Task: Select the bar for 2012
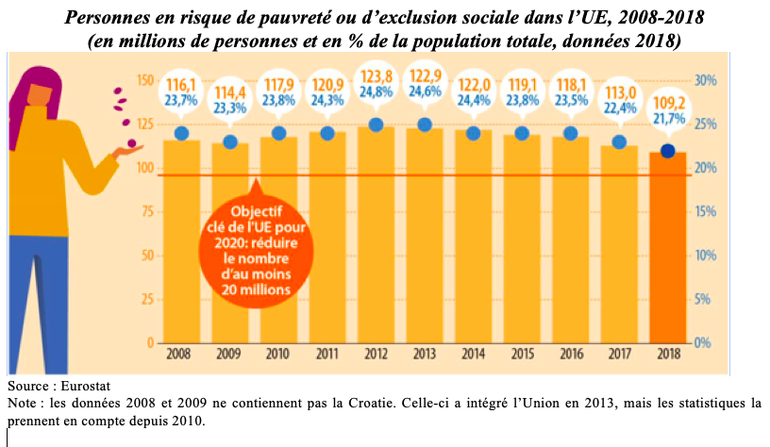tap(376, 236)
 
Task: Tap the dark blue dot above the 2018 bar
tap(668, 151)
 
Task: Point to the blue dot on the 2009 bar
tap(230, 141)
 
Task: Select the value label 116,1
tap(181, 86)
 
